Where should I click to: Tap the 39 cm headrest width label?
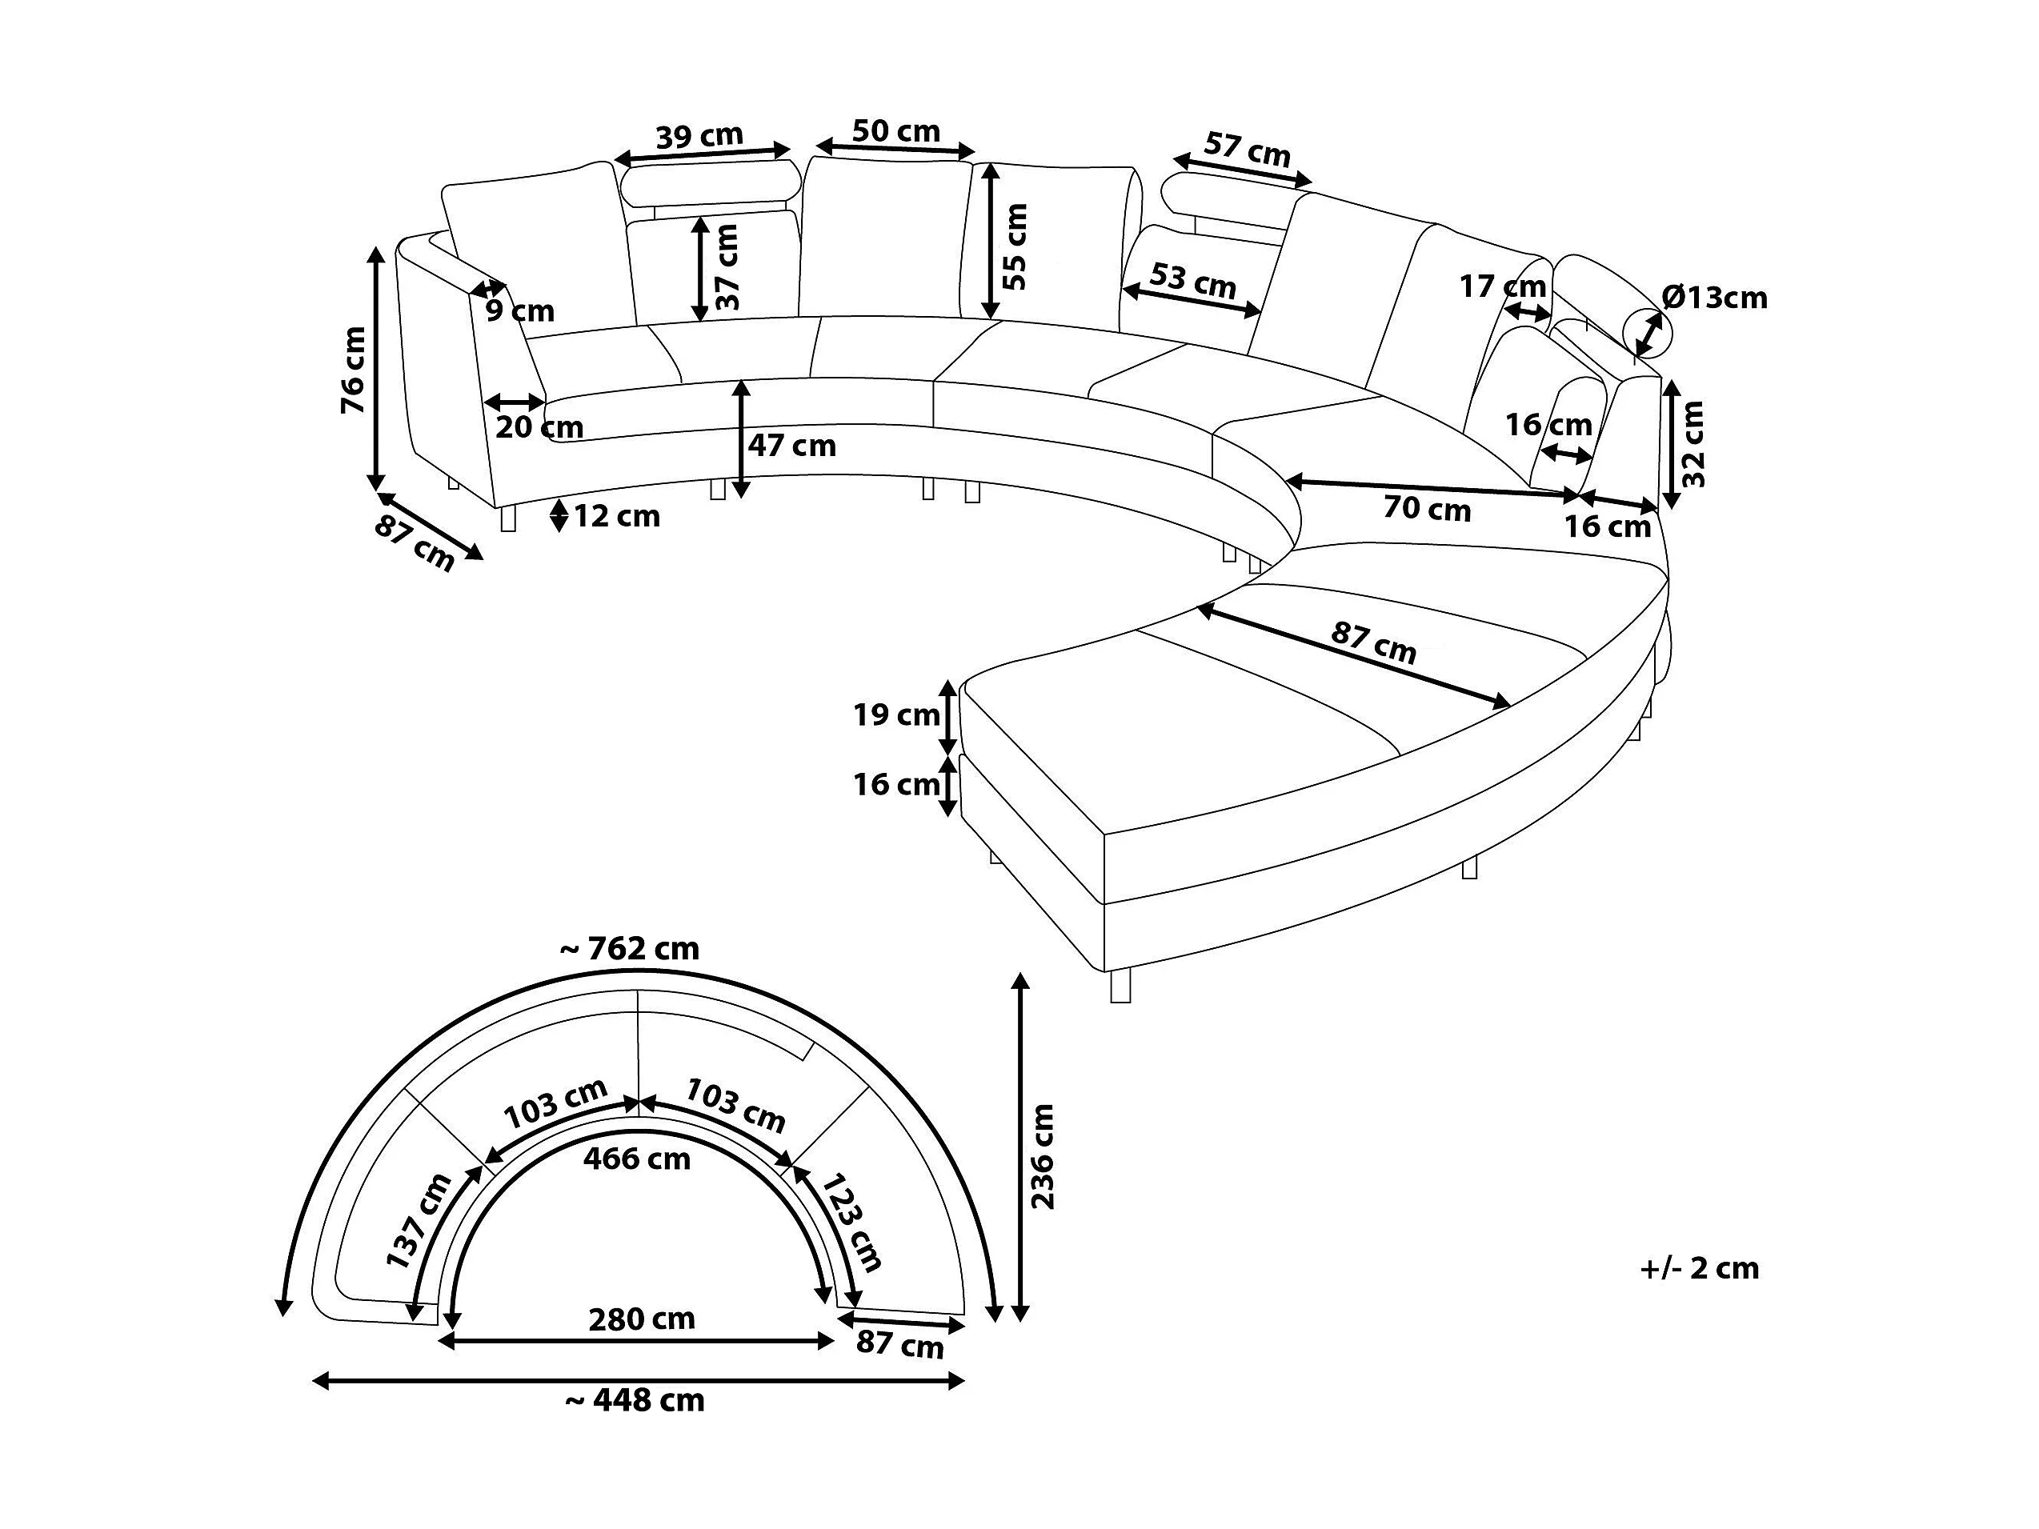click(x=699, y=136)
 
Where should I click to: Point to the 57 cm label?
click(x=1248, y=150)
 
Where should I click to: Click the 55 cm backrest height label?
click(x=1014, y=246)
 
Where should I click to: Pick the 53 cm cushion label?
click(x=1193, y=280)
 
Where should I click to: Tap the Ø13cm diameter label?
click(x=1715, y=297)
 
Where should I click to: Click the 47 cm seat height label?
click(x=791, y=446)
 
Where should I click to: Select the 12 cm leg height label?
click(x=617, y=516)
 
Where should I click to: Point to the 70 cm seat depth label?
click(x=1427, y=509)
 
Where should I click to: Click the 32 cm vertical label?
click(x=1693, y=444)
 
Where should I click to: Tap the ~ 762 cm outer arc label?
click(x=630, y=948)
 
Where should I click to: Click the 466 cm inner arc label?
click(x=637, y=1159)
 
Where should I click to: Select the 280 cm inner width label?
click(x=642, y=1319)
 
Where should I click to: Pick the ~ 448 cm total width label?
click(x=635, y=1401)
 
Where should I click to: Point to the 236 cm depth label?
click(x=1042, y=1157)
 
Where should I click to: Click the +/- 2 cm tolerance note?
click(x=1700, y=1268)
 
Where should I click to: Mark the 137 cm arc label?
click(x=419, y=1221)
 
